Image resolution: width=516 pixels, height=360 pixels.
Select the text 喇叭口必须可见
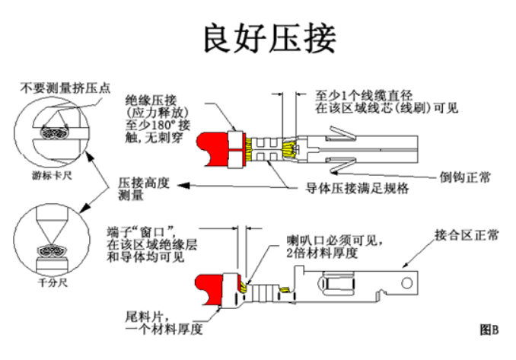329,241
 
